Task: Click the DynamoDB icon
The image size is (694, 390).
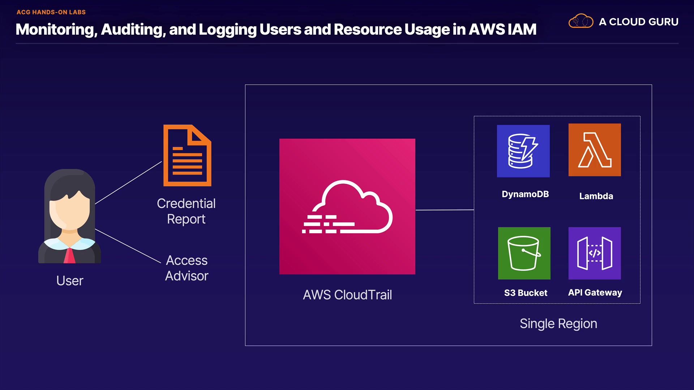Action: click(x=523, y=151)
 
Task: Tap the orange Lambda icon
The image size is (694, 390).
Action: click(x=595, y=150)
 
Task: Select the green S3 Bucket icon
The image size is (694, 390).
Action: click(x=524, y=253)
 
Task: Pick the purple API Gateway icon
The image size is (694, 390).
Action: click(x=595, y=253)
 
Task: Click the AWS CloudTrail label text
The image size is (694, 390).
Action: click(x=347, y=295)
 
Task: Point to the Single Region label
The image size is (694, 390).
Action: click(x=558, y=324)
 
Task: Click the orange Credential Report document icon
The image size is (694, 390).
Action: click(x=187, y=155)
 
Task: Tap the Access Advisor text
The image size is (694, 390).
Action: click(x=187, y=268)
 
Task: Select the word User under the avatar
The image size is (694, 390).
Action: click(x=70, y=281)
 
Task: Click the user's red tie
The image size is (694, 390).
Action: click(x=69, y=255)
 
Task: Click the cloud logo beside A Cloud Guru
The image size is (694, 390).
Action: click(x=581, y=21)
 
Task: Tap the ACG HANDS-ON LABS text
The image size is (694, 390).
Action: click(x=51, y=12)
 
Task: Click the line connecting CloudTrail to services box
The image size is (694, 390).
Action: click(x=445, y=210)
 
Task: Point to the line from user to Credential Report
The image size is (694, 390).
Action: click(x=128, y=183)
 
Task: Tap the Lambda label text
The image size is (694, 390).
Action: click(x=596, y=196)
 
